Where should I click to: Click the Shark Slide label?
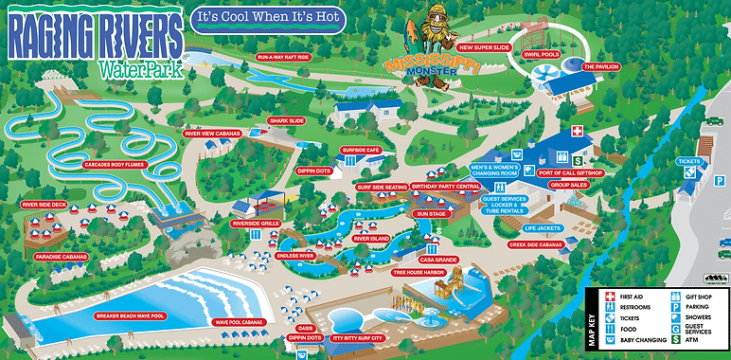(x=286, y=120)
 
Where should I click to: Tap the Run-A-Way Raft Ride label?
(x=283, y=57)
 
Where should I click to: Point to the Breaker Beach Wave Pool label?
(x=131, y=315)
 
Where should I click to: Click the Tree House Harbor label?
(x=419, y=273)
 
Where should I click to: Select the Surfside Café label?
(x=360, y=150)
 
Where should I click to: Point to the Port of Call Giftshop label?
(x=570, y=173)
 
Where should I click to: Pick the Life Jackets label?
(x=543, y=228)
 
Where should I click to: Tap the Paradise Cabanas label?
(x=61, y=257)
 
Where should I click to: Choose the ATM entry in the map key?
(x=696, y=339)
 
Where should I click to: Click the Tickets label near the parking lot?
(x=688, y=161)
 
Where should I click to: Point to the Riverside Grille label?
(x=256, y=224)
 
